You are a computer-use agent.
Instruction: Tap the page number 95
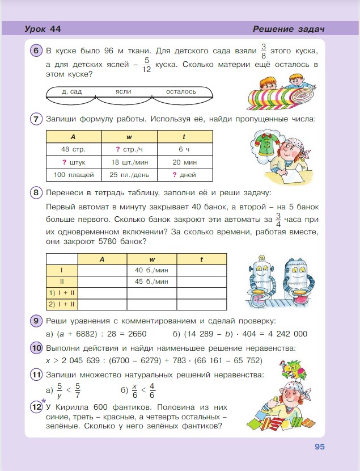tap(319, 447)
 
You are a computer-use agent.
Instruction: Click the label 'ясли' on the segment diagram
tap(123, 91)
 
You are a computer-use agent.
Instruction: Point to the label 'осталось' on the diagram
tap(181, 91)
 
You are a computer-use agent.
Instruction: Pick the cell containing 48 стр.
tap(73, 149)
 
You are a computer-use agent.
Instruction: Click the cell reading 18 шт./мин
tap(129, 162)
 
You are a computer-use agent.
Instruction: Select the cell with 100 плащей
tap(73, 174)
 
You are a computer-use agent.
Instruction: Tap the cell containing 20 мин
tap(184, 162)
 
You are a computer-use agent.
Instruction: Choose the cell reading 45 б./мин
tap(152, 281)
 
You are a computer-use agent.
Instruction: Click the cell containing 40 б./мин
tap(152, 270)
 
